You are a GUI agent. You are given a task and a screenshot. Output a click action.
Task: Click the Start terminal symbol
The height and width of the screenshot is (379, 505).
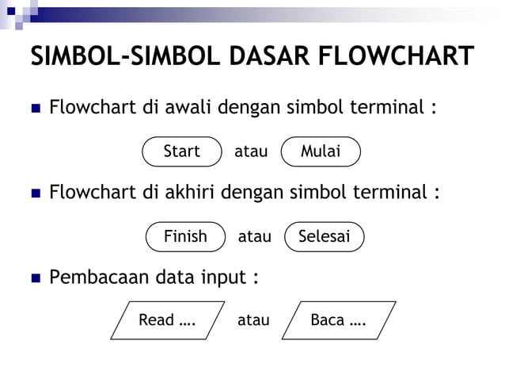181,151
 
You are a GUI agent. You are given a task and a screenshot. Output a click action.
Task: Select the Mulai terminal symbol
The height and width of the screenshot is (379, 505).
321,151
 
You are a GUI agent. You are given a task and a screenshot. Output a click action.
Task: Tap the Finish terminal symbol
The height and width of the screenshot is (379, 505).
185,236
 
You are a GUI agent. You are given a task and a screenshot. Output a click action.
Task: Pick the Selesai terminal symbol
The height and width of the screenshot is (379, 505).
324,236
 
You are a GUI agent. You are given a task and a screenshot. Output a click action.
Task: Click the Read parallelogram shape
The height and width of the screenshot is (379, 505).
167,320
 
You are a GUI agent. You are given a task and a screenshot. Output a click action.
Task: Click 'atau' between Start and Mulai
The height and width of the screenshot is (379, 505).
251,151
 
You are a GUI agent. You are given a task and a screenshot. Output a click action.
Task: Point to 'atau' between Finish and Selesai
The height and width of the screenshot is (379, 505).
254,236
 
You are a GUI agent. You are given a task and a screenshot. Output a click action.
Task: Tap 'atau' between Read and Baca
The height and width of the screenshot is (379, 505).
253,320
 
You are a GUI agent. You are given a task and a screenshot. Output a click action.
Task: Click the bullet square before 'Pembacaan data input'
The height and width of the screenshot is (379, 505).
35,279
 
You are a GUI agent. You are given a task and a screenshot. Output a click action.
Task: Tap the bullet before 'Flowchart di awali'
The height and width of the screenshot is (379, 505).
35,108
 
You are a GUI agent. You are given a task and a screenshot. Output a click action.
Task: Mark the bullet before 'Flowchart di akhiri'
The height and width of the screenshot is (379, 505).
35,193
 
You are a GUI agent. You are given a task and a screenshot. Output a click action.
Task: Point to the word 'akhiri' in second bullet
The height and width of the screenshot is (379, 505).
189,193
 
